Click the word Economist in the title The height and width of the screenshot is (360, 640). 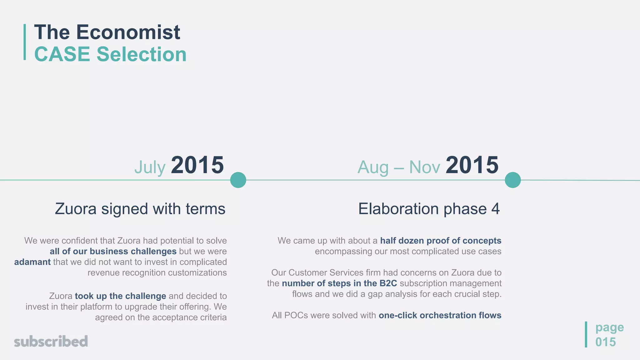[x=128, y=32]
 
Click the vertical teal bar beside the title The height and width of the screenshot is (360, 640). [x=25, y=42]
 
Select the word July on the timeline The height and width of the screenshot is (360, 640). [x=150, y=167]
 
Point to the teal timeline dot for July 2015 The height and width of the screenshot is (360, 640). [x=238, y=180]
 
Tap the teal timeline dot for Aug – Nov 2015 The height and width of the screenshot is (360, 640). [x=512, y=180]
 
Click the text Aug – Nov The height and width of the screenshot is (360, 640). [x=398, y=167]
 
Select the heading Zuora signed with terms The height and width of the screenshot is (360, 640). [x=140, y=209]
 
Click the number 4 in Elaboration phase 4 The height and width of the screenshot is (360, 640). [x=495, y=209]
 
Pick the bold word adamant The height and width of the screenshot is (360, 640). [x=32, y=262]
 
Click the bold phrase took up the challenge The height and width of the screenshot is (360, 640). [x=120, y=296]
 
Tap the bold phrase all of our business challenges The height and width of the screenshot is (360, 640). [x=113, y=251]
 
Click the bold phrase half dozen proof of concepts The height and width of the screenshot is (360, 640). [x=441, y=241]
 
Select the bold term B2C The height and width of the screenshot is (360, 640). [x=388, y=283]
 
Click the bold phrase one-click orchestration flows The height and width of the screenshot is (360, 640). [x=440, y=315]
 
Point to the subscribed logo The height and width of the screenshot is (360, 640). [x=51, y=341]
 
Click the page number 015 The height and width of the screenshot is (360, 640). [x=605, y=342]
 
